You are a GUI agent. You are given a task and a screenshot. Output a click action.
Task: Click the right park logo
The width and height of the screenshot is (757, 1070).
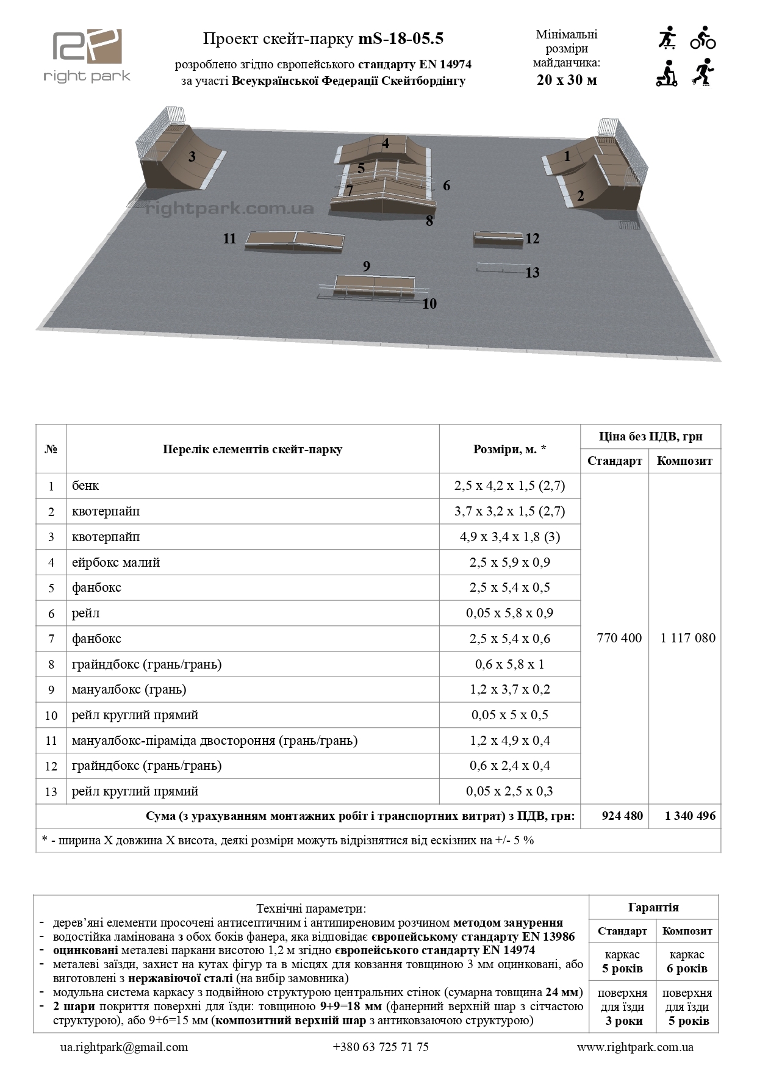(87, 56)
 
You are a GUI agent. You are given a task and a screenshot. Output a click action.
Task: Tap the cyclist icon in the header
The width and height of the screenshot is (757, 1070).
(703, 38)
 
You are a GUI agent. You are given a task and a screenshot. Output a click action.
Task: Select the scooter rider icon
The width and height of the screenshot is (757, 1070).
(667, 73)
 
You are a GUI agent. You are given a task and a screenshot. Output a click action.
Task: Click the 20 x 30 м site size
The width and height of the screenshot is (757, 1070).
(567, 80)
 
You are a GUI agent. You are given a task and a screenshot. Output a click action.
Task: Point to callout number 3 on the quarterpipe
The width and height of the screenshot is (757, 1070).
(192, 157)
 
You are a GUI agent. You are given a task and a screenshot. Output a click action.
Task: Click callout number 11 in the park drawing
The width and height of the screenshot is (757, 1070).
(229, 239)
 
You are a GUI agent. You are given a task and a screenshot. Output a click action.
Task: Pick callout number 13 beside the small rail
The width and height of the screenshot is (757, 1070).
(533, 273)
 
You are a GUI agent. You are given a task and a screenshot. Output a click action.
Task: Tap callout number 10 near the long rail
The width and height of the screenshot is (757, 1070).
(429, 304)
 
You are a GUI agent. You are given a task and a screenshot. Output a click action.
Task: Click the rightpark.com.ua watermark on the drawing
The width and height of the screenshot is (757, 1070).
(230, 209)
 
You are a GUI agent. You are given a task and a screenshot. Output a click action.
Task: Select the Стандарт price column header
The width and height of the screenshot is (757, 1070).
(614, 461)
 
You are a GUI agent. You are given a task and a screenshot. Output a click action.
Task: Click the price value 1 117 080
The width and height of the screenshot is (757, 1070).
(687, 638)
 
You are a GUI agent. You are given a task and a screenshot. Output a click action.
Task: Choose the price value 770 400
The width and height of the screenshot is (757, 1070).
(619, 638)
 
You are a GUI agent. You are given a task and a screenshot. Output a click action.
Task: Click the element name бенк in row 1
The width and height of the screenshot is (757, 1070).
(85, 486)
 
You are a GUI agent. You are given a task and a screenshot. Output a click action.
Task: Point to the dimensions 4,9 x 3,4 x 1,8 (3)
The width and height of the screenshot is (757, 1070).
(509, 537)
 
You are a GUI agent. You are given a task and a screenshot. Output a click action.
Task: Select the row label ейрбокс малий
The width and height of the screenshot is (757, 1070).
(116, 562)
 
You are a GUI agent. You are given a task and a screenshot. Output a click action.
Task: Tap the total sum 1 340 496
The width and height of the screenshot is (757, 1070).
(690, 816)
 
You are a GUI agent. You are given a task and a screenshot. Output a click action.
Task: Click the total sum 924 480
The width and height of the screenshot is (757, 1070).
(622, 816)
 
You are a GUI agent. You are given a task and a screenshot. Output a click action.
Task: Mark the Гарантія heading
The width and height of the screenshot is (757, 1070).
(653, 907)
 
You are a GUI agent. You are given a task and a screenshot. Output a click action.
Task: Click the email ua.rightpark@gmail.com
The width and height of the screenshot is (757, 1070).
(124, 1047)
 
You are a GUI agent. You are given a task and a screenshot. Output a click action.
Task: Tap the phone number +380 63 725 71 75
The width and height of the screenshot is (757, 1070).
(381, 1047)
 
